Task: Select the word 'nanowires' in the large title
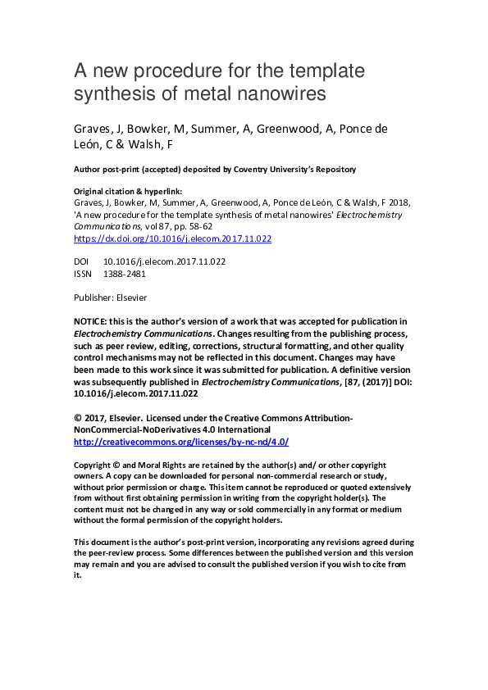coord(283,94)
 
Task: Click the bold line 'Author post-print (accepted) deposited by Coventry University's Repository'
coord(215,170)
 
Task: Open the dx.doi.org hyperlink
coord(172,239)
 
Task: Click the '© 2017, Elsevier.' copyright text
coord(107,418)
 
